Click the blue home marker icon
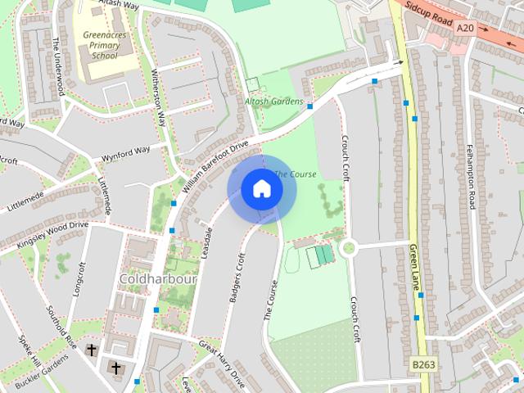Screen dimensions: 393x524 (261, 189)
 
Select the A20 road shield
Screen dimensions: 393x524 (465, 28)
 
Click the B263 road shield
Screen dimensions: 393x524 (422, 364)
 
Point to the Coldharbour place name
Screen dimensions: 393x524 (158, 280)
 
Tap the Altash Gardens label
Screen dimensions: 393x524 (273, 102)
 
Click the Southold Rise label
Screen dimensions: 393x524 (61, 325)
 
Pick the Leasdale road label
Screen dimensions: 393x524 (205, 242)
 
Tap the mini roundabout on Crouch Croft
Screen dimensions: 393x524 (350, 246)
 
